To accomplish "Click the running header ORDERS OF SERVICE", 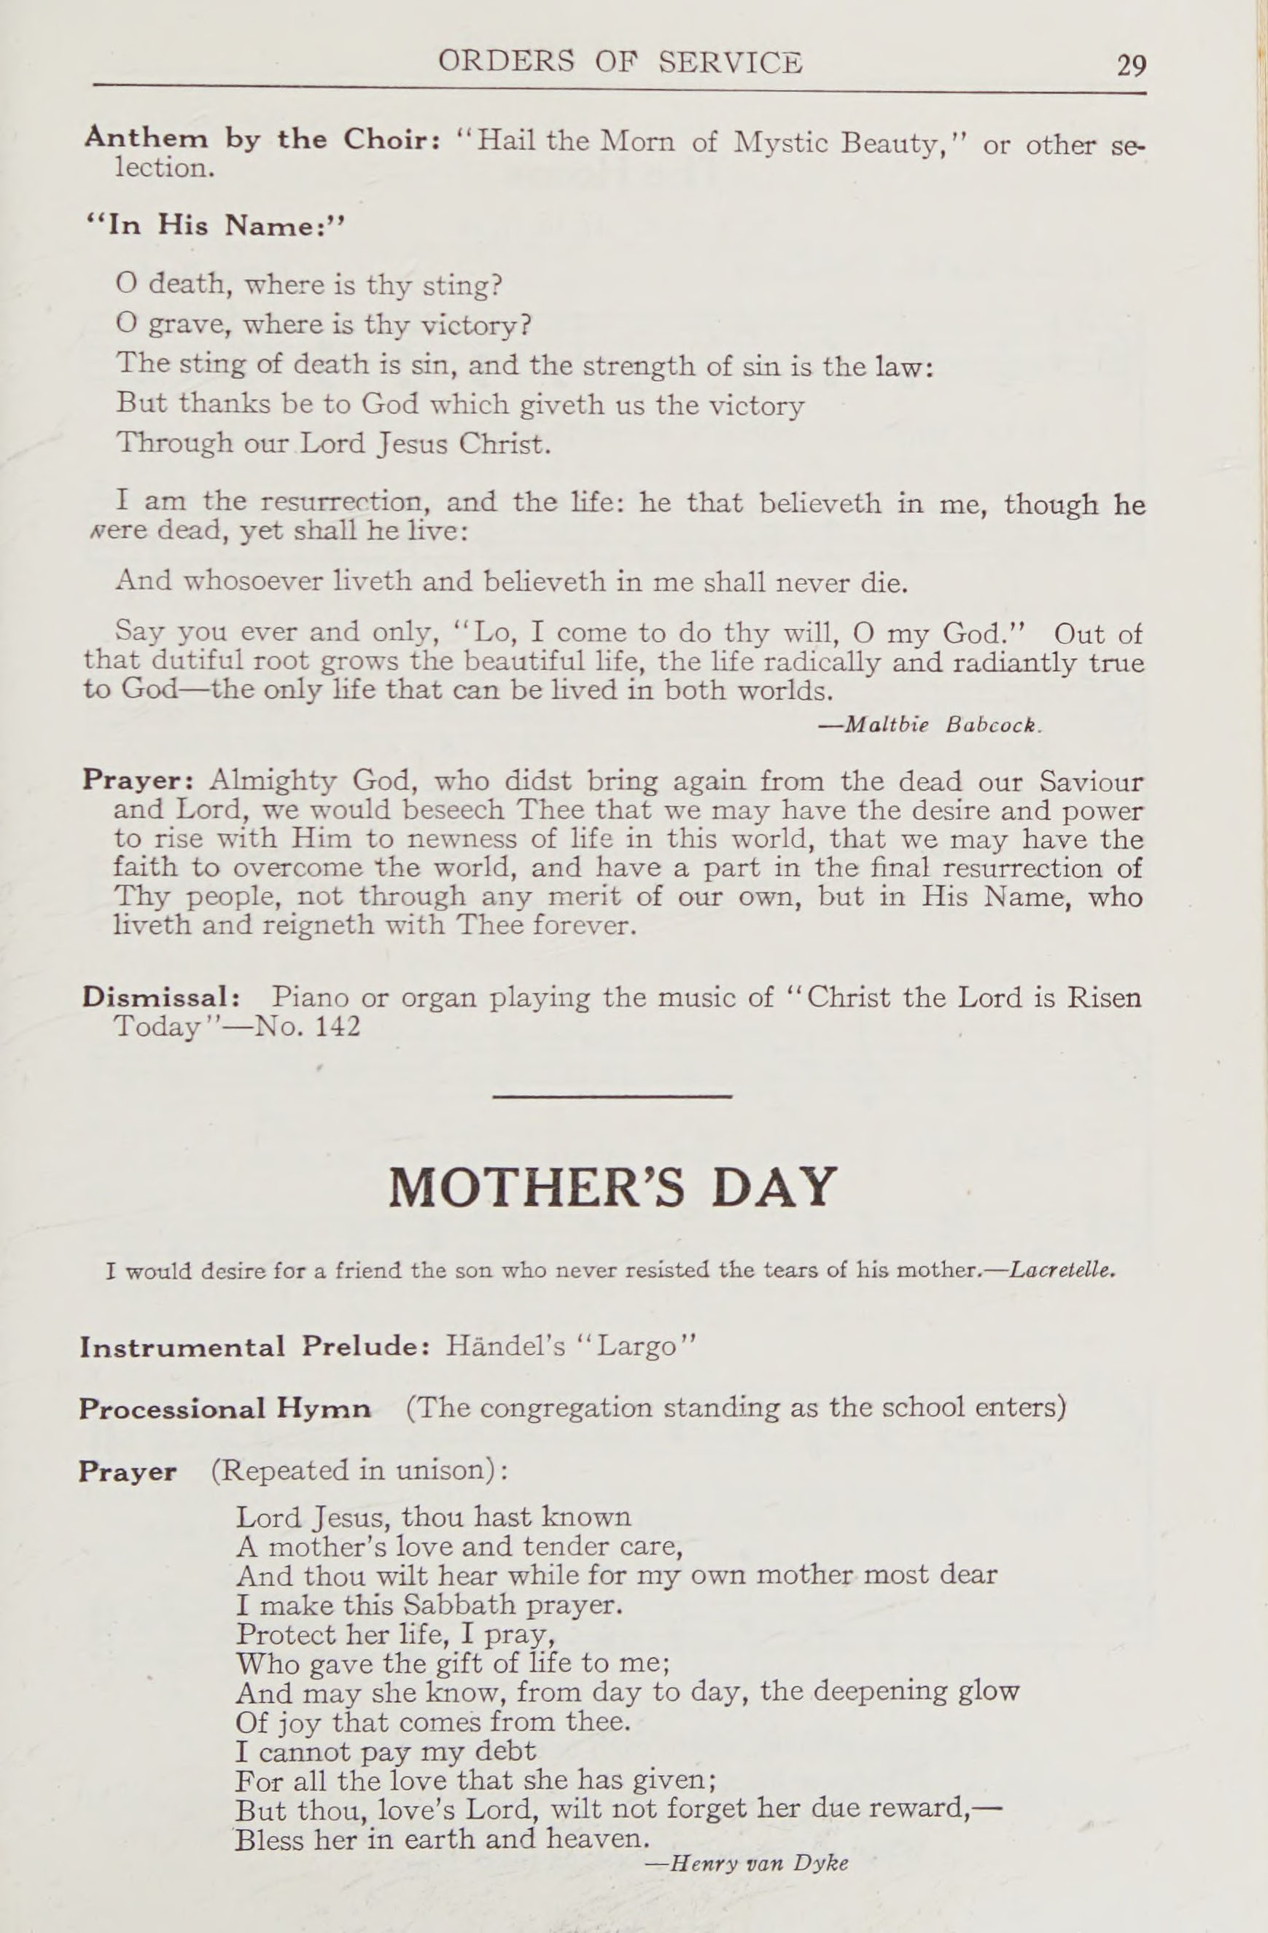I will pyautogui.click(x=620, y=63).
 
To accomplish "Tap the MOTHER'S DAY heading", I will pyautogui.click(x=612, y=1187).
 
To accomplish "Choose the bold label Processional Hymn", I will pyautogui.click(x=225, y=1408).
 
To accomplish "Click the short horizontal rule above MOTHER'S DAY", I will pyautogui.click(x=612, y=1097).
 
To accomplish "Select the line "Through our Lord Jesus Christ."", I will pyautogui.click(x=334, y=445).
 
